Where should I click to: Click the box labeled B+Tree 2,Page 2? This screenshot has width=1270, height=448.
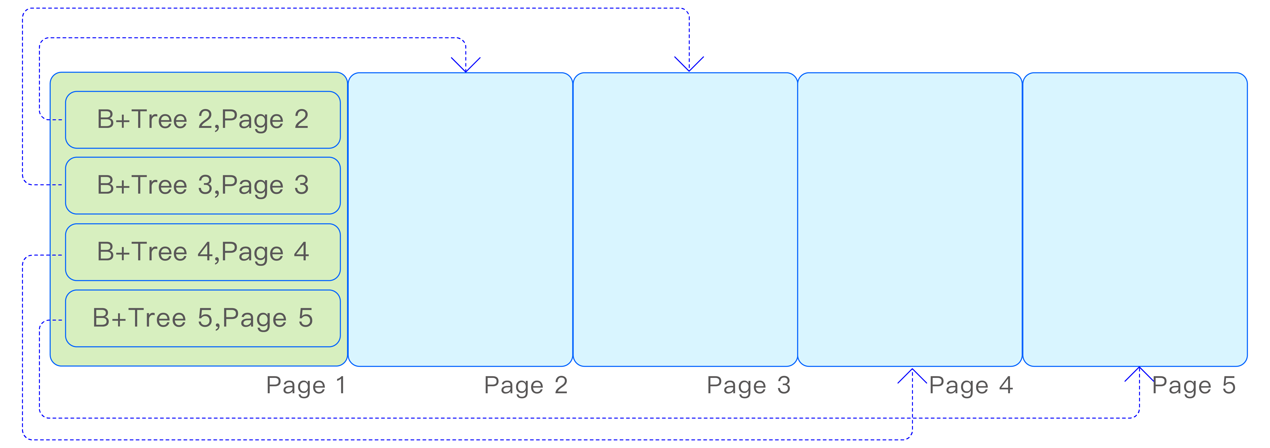click(x=203, y=119)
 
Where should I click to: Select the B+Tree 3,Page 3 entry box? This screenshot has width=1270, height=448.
click(x=203, y=186)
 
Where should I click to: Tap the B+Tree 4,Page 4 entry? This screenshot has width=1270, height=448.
click(x=203, y=252)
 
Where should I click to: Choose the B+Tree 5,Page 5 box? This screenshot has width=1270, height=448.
click(x=203, y=318)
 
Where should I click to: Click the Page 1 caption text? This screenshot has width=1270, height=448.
click(x=306, y=385)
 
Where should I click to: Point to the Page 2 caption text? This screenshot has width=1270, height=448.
click(x=526, y=385)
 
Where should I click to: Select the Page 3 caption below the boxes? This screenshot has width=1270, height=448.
click(x=748, y=385)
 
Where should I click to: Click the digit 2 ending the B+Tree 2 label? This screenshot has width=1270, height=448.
click(x=301, y=119)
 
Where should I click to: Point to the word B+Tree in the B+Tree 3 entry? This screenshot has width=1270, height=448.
click(x=142, y=186)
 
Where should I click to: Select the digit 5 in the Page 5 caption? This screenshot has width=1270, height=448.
click(x=1229, y=385)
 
